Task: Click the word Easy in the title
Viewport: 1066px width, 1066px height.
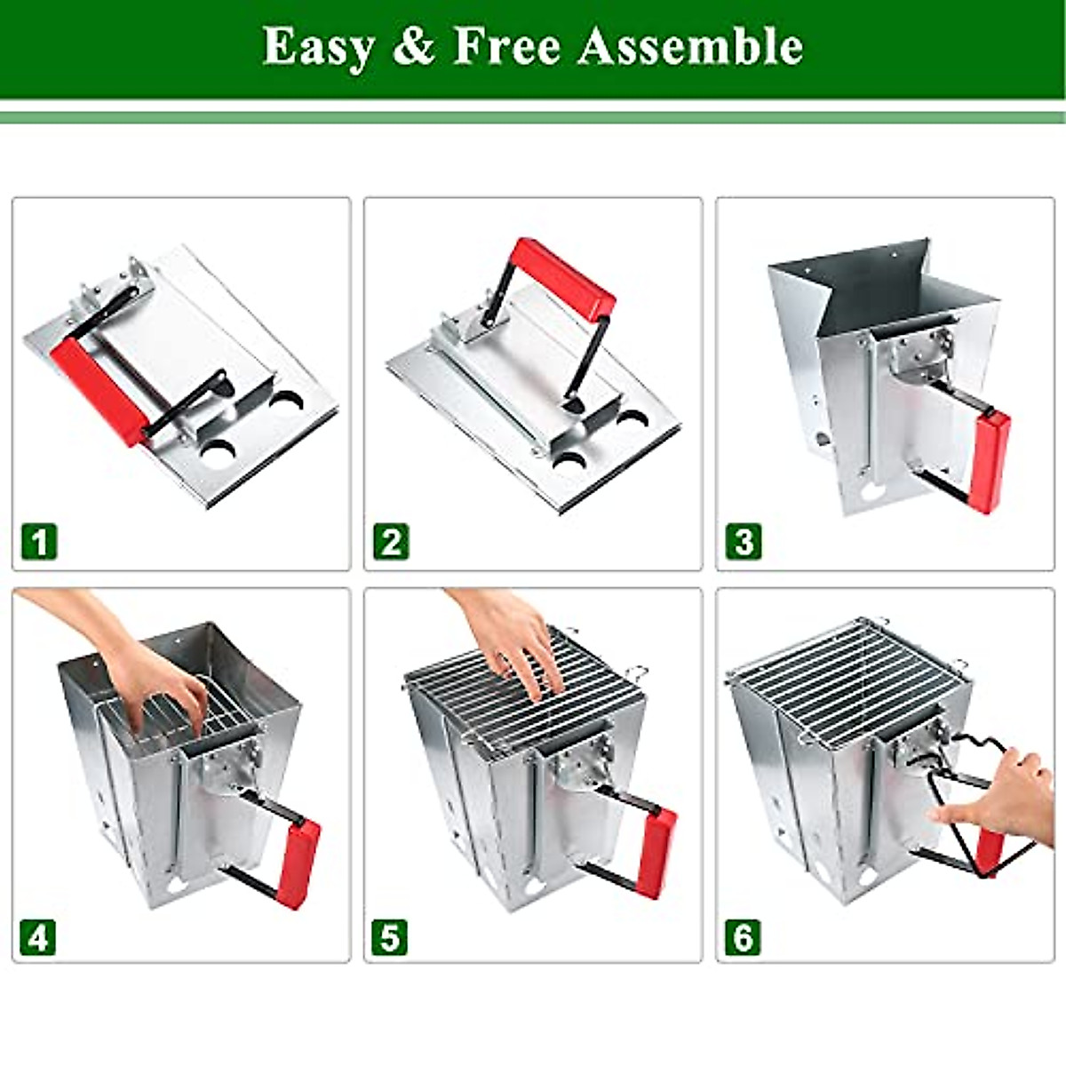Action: pos(318,46)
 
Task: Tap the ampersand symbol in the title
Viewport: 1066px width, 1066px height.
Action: pos(413,46)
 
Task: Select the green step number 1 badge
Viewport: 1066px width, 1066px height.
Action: pos(39,541)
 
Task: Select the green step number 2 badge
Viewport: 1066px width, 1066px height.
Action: pos(391,541)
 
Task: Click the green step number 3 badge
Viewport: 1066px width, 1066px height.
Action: pos(743,541)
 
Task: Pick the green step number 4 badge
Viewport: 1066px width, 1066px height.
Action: pos(39,937)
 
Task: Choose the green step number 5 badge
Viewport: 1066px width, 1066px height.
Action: pos(391,937)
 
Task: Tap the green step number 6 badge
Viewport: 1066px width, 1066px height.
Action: pos(743,937)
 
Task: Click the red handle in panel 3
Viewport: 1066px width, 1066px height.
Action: pos(990,462)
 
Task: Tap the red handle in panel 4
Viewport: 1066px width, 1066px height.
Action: pos(299,858)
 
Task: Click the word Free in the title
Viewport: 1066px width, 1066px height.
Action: pos(506,46)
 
